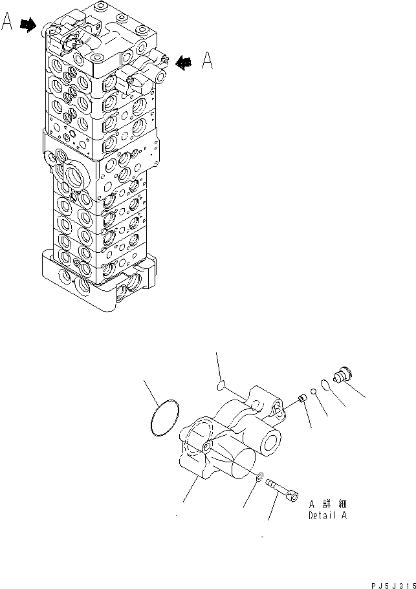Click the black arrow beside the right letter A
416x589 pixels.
pos(185,62)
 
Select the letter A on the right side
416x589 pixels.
pos(208,60)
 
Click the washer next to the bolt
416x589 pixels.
pos(259,477)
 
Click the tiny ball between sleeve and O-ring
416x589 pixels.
pos(312,391)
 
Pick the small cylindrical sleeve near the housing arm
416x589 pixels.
pos(301,399)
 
